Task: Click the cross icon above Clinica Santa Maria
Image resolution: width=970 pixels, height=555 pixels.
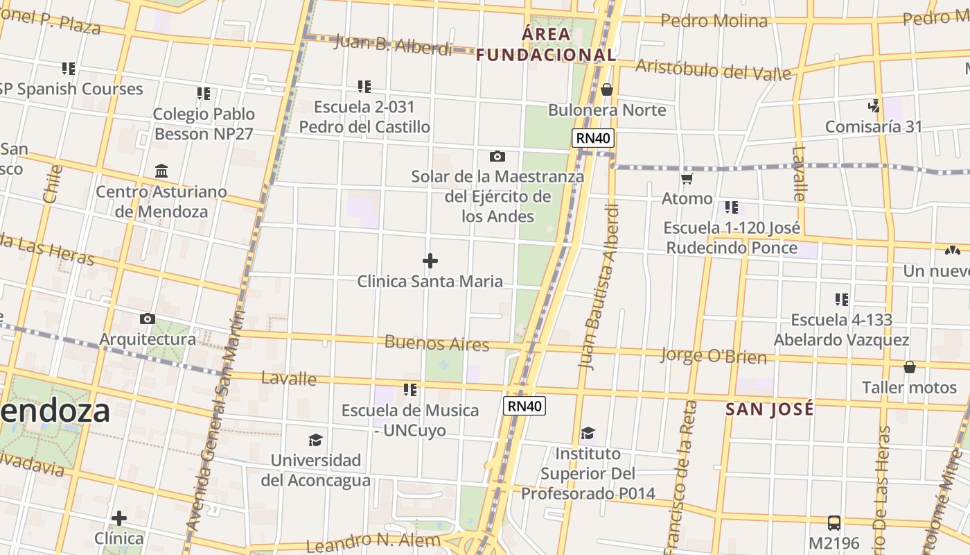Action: tap(430, 261)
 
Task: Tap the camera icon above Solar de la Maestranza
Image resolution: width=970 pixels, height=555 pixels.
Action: tap(497, 156)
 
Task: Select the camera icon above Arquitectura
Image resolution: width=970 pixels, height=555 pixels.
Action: tap(148, 319)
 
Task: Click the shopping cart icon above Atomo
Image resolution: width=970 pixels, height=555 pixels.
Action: tap(687, 179)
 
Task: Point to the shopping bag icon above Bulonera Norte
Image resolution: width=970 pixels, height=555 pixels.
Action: tap(607, 89)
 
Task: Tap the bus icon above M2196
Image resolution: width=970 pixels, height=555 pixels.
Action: tap(834, 523)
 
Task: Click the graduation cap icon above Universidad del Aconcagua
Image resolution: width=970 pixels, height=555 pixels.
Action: tap(315, 440)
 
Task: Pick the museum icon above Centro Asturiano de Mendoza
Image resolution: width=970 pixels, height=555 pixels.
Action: tap(161, 171)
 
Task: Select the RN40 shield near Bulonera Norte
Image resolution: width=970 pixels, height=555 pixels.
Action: tap(594, 138)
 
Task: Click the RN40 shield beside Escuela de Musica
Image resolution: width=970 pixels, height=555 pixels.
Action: tap(524, 406)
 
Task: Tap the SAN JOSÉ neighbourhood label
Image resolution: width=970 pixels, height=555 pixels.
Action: tap(770, 409)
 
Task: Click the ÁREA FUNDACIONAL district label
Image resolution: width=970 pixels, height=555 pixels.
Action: tap(546, 44)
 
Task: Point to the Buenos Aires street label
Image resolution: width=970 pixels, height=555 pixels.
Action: tap(436, 343)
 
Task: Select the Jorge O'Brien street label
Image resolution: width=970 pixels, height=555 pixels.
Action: tap(714, 356)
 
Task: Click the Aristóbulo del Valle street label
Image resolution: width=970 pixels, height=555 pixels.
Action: tap(713, 69)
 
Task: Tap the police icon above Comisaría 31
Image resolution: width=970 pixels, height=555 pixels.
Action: tap(874, 106)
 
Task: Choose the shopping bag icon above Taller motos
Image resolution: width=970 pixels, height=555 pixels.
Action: tap(910, 366)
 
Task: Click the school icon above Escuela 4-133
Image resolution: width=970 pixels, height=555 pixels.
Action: tap(842, 300)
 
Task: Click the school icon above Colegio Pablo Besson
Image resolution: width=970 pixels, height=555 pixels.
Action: tap(204, 93)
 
